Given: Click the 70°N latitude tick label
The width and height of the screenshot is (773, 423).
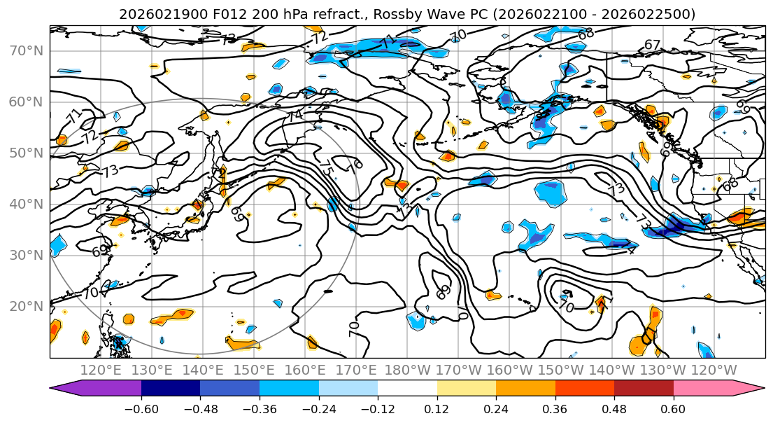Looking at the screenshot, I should coord(27,50).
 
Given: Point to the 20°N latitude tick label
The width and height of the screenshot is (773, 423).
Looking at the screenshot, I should coord(27,306).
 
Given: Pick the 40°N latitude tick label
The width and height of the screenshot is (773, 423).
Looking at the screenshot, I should coord(27,204).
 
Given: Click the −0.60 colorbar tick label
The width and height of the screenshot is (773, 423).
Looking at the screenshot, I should coord(141,408).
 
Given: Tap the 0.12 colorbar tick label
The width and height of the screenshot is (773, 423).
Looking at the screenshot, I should coord(437,408).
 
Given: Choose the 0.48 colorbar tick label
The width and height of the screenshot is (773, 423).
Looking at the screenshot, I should coord(614,408).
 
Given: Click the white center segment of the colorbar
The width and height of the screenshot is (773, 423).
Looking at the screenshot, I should coord(407,389).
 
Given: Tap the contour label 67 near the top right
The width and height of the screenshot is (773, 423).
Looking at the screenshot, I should coord(652,45).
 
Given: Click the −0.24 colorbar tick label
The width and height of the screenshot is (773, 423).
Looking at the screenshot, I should coord(318,408).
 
